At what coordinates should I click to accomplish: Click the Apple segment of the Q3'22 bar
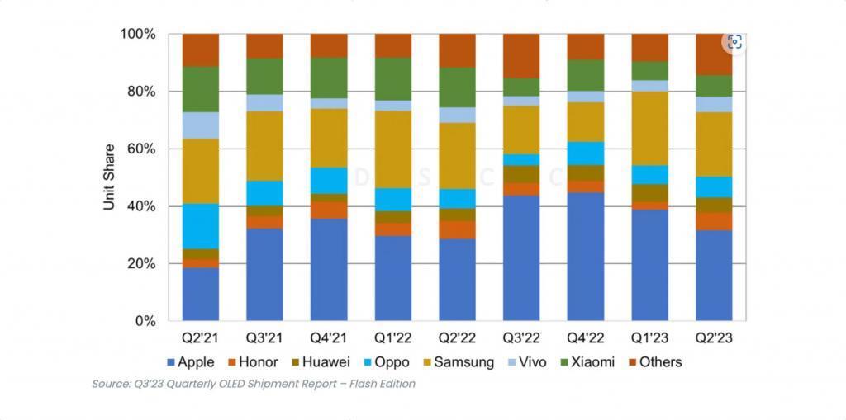pos(521,257)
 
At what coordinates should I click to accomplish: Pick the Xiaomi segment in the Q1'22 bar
pos(393,78)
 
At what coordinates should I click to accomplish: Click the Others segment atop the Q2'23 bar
pos(714,54)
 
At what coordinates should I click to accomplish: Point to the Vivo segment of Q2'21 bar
pos(200,125)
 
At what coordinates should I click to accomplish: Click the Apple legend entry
pos(190,361)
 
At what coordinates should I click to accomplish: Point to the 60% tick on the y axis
pos(139,149)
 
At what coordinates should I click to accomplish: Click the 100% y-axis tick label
pos(135,34)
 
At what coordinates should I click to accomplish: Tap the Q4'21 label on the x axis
pos(329,338)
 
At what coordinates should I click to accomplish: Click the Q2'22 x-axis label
pos(457,338)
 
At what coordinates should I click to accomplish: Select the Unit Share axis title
pos(109,177)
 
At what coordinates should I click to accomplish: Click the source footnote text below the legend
pos(253,384)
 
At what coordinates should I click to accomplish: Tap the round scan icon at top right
pos(734,41)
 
